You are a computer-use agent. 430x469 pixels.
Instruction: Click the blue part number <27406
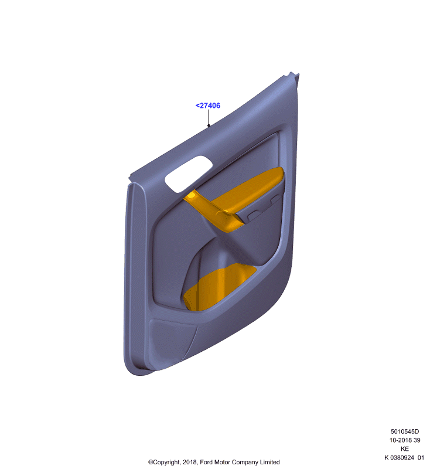pyautogui.click(x=208, y=106)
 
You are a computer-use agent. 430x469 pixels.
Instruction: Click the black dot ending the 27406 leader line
pyautogui.click(x=209, y=125)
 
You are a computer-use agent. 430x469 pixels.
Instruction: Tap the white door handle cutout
pyautogui.click(x=189, y=174)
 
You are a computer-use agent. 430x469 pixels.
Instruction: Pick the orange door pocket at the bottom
pyautogui.click(x=218, y=287)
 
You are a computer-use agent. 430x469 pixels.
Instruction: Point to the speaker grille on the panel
pyautogui.click(x=173, y=339)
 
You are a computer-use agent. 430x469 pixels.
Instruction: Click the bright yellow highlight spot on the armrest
pyautogui.click(x=190, y=196)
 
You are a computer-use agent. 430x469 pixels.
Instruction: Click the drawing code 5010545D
pyautogui.click(x=405, y=431)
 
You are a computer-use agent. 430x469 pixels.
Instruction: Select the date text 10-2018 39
pyautogui.click(x=405, y=440)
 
